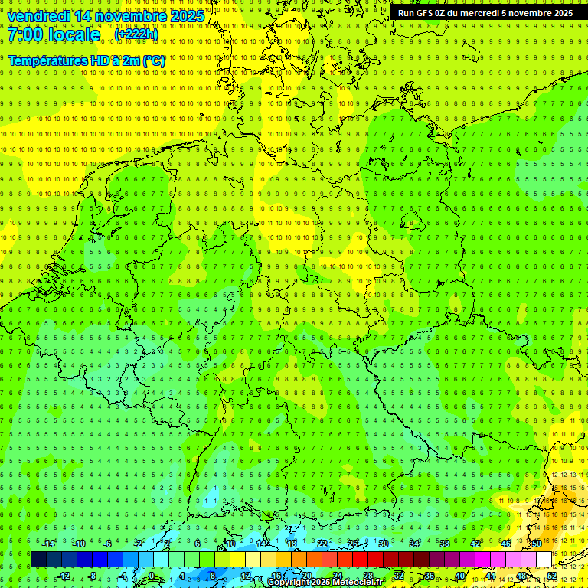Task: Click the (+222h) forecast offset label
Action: [136, 34]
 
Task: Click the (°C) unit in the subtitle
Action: [153, 60]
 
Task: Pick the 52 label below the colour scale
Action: [552, 576]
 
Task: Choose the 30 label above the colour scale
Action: [383, 544]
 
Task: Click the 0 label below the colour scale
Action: [152, 576]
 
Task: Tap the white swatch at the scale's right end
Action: [544, 560]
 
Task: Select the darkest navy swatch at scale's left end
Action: [38, 560]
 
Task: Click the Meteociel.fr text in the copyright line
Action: [357, 583]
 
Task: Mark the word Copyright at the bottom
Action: [289, 583]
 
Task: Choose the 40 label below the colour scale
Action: [460, 576]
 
